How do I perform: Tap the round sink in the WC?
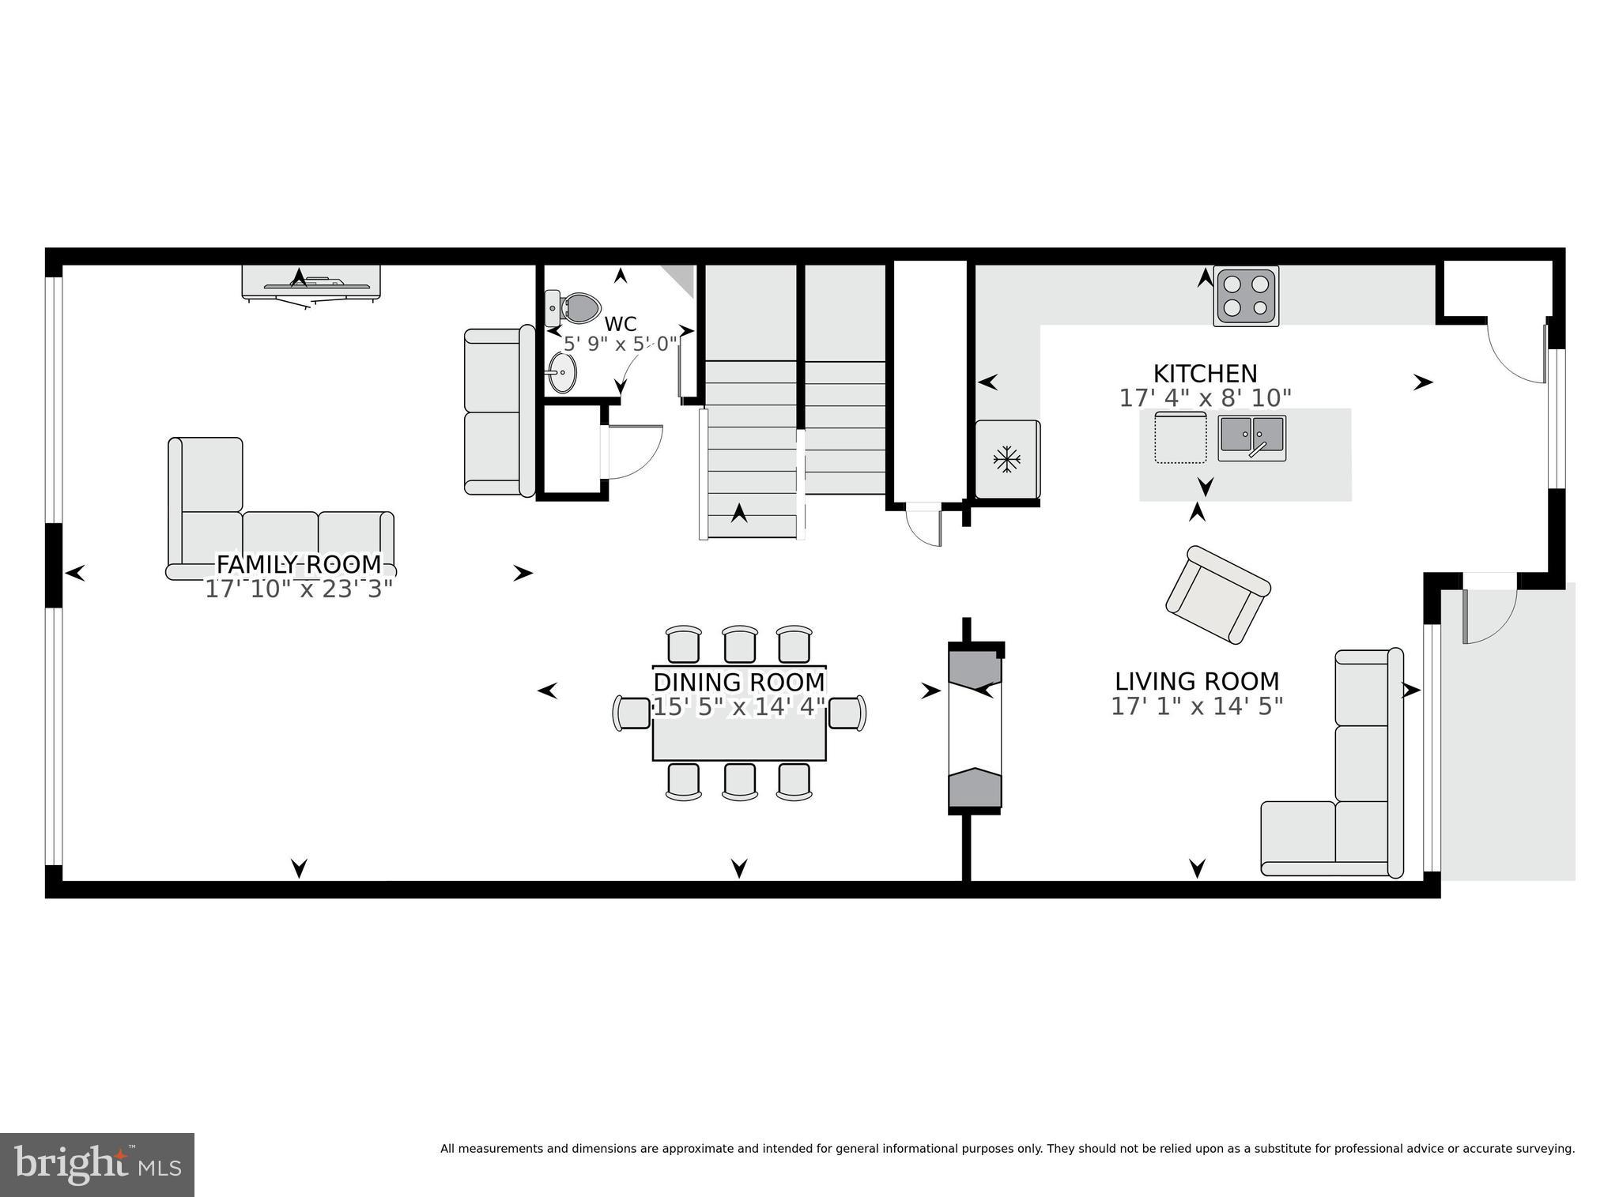click(x=563, y=372)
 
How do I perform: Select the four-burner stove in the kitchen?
click(x=1246, y=296)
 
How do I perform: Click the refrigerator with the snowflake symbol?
click(x=1006, y=459)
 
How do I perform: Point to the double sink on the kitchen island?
click(x=1251, y=438)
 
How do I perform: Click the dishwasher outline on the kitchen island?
click(x=1180, y=437)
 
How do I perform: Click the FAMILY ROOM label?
click(x=299, y=564)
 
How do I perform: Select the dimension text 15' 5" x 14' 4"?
click(x=738, y=706)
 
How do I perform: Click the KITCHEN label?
click(x=1205, y=374)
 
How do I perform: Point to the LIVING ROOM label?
click(x=1196, y=681)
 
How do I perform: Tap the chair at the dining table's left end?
click(x=631, y=713)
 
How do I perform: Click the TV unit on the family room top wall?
click(x=311, y=282)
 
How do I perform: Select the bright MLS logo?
click(x=96, y=1165)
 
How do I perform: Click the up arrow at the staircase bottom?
click(x=739, y=514)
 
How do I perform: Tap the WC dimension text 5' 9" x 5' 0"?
click(x=621, y=344)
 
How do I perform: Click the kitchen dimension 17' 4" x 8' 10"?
click(x=1205, y=397)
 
